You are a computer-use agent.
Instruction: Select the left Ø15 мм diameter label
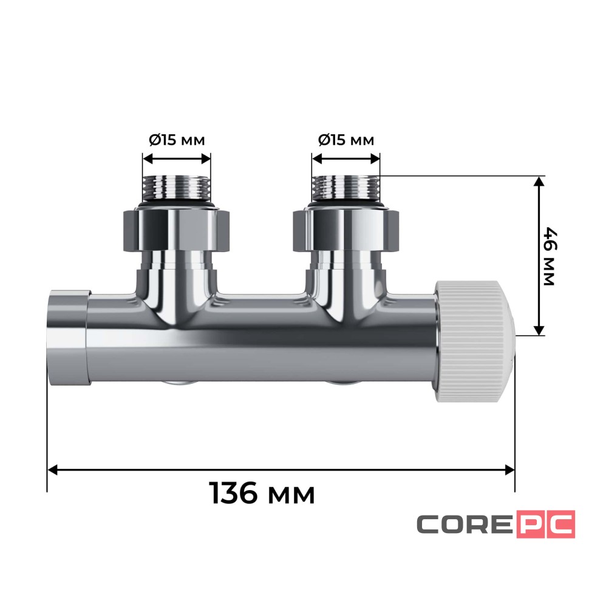click(x=177, y=140)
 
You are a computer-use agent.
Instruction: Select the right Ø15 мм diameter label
click(x=346, y=140)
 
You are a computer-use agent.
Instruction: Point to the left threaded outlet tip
click(x=176, y=188)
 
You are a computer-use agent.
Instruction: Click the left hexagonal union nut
click(x=176, y=229)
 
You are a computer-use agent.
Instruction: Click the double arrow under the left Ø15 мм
click(x=176, y=159)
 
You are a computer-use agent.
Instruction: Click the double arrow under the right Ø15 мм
click(x=346, y=159)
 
